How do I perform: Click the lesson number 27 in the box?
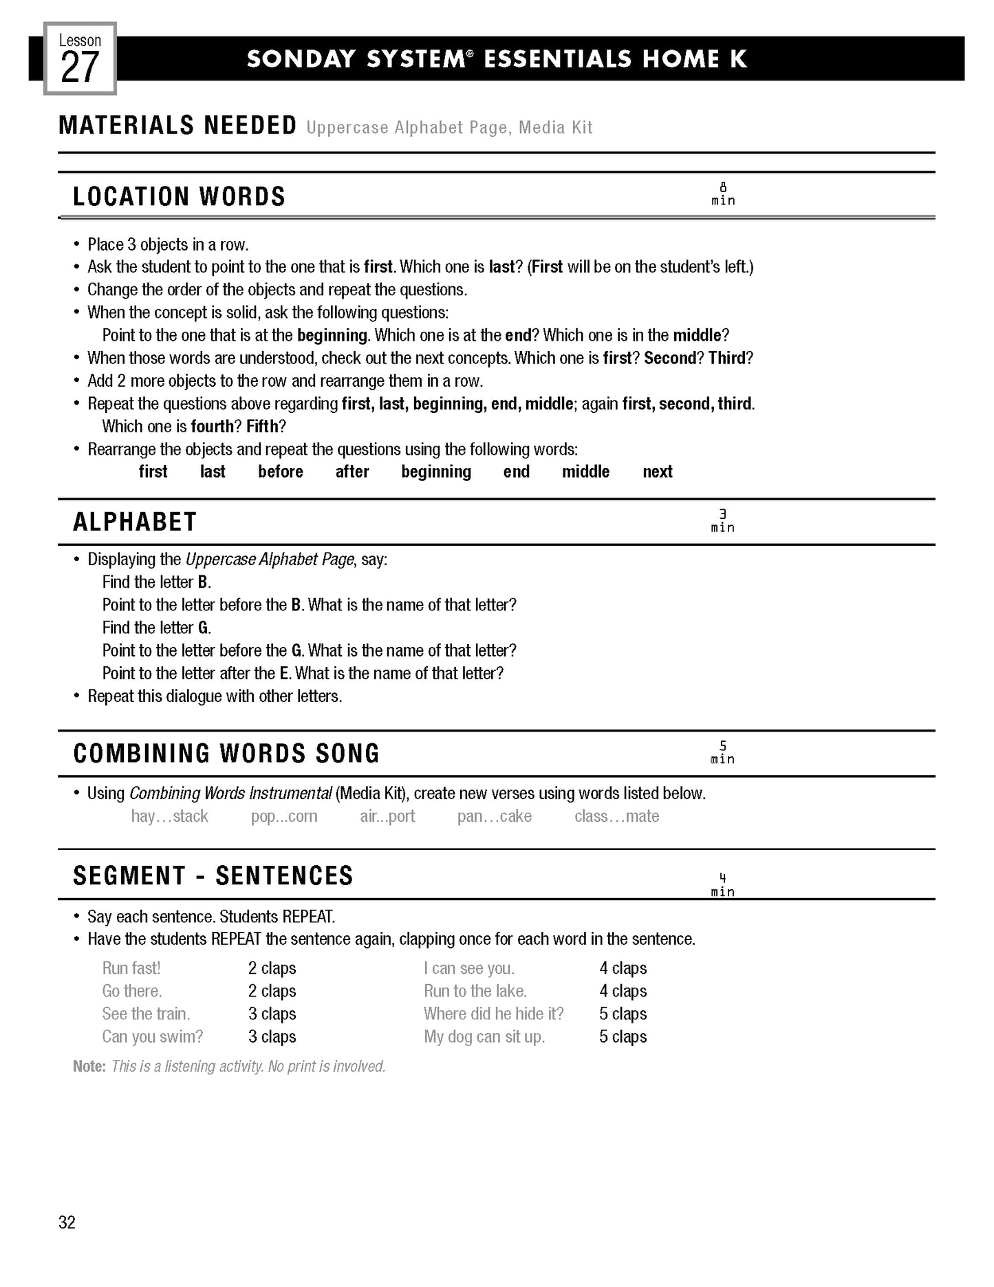click(80, 67)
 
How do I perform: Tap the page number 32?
click(67, 1222)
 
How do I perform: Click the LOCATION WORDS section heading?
click(179, 197)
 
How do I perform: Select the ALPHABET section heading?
click(135, 522)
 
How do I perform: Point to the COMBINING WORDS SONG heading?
click(226, 754)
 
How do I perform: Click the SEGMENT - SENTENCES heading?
click(213, 876)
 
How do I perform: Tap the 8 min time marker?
click(723, 194)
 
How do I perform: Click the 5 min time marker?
click(723, 753)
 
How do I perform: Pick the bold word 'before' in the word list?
click(281, 471)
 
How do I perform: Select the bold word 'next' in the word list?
click(657, 471)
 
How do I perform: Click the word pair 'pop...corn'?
click(284, 816)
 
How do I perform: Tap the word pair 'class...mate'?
click(616, 816)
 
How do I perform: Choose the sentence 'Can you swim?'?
click(153, 1036)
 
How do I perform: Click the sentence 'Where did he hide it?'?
click(493, 1014)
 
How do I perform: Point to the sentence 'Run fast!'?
click(131, 968)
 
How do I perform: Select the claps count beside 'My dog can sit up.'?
click(623, 1036)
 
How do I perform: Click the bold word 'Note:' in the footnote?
click(89, 1066)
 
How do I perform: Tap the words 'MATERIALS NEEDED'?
click(177, 126)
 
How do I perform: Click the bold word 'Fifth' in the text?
click(262, 426)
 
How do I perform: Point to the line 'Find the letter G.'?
click(157, 628)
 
